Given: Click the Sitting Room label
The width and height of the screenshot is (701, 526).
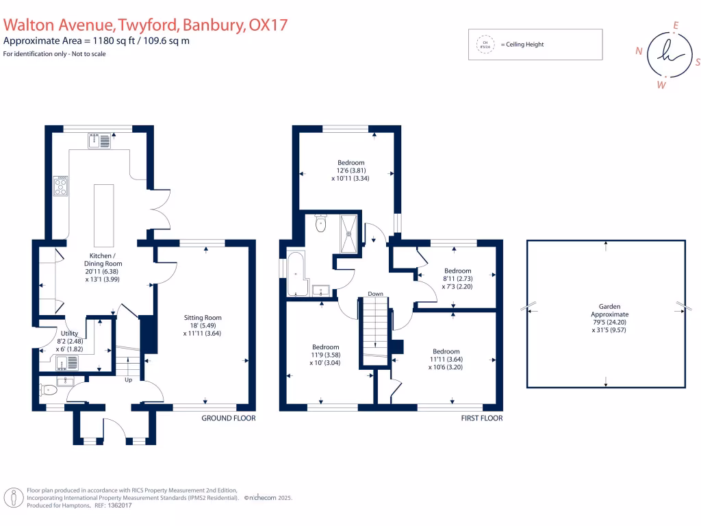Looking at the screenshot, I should [202, 318].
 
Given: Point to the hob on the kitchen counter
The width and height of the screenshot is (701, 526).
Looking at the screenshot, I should [61, 186].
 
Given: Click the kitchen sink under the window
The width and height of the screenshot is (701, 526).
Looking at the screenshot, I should [100, 141].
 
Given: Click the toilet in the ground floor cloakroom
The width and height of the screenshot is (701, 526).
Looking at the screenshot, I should [49, 390].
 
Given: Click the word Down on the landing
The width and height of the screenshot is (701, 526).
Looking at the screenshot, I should [374, 294].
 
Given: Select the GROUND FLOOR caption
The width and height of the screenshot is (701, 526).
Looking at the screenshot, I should [228, 418].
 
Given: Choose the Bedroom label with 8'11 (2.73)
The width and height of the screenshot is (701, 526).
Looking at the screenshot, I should [457, 271].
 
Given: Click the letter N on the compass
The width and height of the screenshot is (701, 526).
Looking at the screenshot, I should [639, 51].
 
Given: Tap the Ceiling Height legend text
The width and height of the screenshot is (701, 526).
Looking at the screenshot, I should [522, 45].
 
